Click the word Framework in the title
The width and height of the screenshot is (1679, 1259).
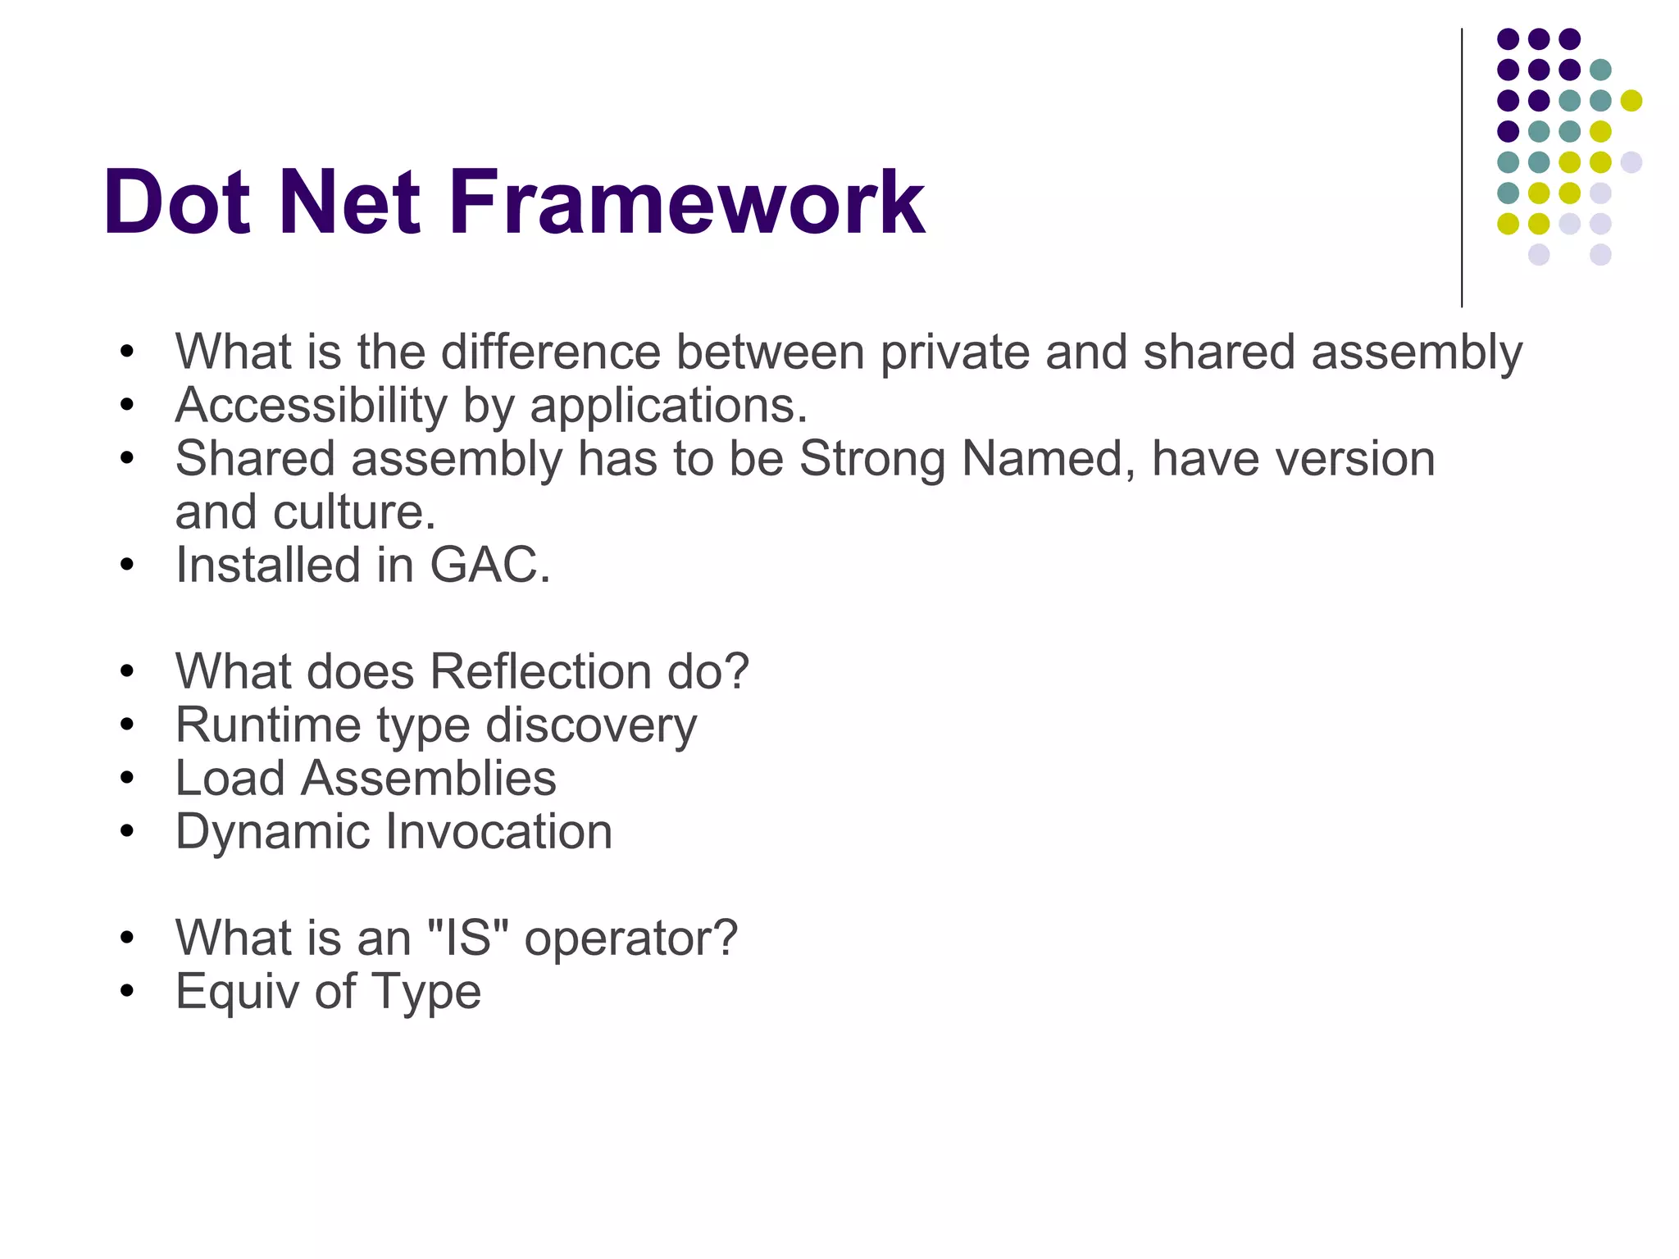tap(686, 202)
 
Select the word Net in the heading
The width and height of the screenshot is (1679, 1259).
tap(349, 202)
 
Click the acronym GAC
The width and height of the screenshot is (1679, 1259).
tap(489, 566)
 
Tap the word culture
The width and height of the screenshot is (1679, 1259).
tap(353, 512)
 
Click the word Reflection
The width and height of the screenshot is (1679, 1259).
tap(541, 672)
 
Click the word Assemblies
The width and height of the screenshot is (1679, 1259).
tap(428, 779)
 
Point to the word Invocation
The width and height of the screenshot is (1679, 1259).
tap(498, 832)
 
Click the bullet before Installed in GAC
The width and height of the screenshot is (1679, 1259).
tap(126, 565)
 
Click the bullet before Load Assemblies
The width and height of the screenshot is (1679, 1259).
tap(126, 778)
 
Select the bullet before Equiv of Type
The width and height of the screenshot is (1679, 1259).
tap(126, 991)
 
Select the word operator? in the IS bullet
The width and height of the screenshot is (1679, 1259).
tap(630, 939)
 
